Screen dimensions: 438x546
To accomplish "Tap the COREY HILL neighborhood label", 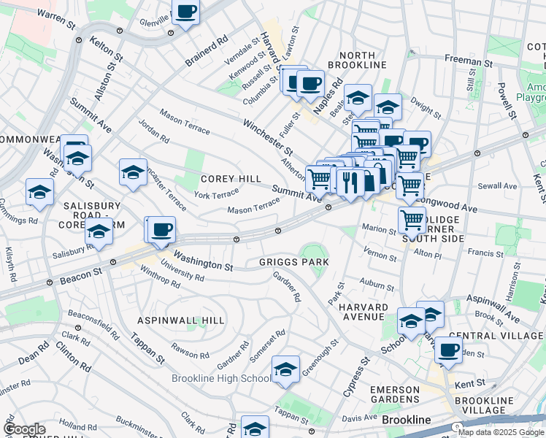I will click(231, 179).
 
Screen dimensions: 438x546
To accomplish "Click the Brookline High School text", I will click(220, 378).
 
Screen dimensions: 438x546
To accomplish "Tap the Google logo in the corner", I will click(24, 429).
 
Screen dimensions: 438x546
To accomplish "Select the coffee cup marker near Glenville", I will click(185, 12).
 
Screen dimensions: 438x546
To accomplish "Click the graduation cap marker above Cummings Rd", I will click(39, 191).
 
